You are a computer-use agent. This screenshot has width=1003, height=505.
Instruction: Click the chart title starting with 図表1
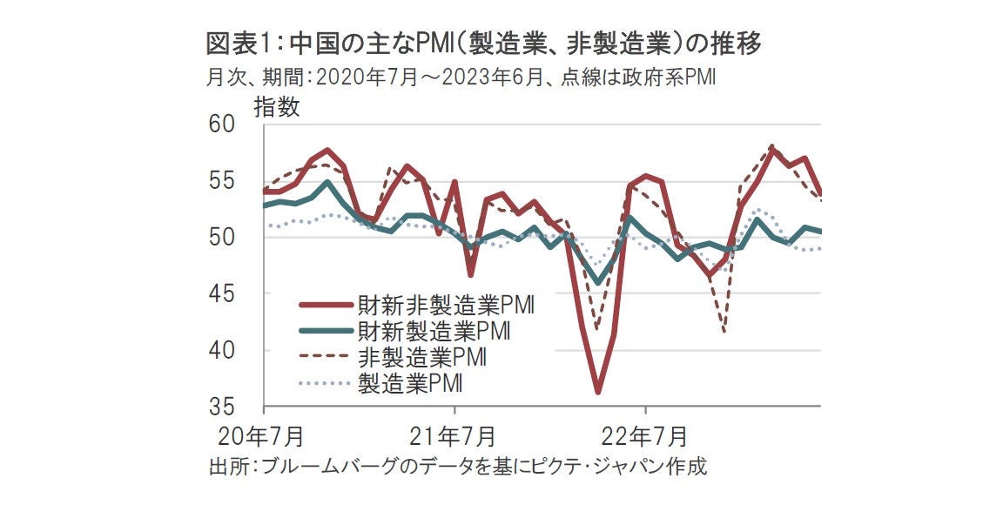484,44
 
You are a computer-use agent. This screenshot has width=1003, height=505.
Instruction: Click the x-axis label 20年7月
262,434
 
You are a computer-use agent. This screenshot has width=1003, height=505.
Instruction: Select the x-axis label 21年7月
454,434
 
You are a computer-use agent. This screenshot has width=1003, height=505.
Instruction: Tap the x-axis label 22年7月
645,434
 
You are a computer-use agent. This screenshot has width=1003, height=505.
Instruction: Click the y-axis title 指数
277,107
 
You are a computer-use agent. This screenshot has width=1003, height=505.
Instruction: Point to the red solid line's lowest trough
598,392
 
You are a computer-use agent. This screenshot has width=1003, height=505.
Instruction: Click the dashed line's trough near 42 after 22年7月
724,332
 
